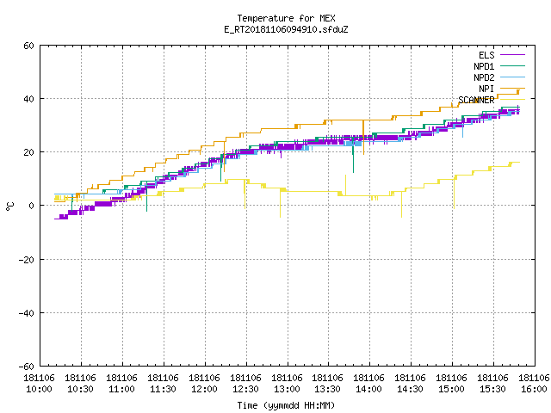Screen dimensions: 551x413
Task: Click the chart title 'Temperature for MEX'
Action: pos(286,18)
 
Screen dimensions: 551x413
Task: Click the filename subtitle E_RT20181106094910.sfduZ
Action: pos(286,29)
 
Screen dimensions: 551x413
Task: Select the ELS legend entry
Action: pos(502,55)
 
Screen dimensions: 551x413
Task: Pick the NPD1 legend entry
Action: pos(499,66)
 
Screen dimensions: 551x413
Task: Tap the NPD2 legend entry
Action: pos(499,77)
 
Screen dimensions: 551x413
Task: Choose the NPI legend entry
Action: pos(502,89)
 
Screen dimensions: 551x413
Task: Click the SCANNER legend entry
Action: pos(492,100)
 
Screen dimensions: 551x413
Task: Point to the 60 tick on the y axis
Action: pos(28,46)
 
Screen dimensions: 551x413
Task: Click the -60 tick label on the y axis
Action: pos(27,367)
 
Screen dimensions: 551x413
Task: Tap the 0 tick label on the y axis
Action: pos(32,206)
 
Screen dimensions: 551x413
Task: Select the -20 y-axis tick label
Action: pos(27,260)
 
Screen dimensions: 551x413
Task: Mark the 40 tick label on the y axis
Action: pos(28,99)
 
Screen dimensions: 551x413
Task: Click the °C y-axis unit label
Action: pos(9,206)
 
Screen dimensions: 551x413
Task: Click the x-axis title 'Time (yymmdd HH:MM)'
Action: pos(286,405)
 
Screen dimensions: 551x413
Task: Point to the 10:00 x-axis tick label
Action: pos(39,383)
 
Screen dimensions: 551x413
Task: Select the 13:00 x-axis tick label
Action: pos(287,383)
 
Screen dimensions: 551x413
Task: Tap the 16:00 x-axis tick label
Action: pos(534,383)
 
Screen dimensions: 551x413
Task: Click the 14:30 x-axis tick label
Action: pos(411,383)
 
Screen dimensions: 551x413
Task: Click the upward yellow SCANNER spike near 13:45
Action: pos(345,185)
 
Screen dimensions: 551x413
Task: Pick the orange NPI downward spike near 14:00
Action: pos(363,138)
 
